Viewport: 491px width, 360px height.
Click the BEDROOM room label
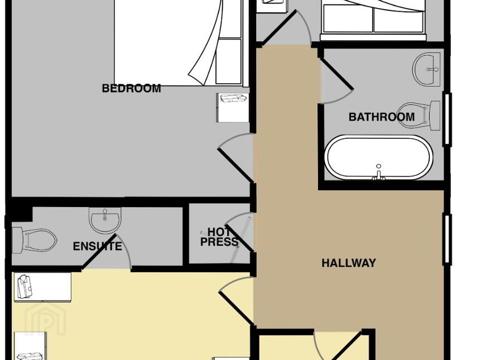click(132, 88)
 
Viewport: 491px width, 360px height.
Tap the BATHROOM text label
click(382, 117)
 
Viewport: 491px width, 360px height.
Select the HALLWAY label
click(349, 263)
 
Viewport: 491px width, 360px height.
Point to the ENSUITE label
click(98, 246)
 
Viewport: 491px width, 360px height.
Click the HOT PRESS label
click(219, 237)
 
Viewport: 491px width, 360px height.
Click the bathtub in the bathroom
click(379, 157)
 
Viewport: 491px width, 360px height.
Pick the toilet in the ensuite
click(34, 241)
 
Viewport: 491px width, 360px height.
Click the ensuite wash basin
click(105, 220)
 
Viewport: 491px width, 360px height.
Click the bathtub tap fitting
click(379, 173)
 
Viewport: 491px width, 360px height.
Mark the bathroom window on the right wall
click(447, 119)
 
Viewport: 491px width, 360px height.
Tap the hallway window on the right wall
click(447, 239)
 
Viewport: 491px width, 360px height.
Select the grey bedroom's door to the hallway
click(235, 165)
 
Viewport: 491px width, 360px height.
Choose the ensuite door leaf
click(99, 252)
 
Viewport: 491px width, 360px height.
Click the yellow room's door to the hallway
click(237, 308)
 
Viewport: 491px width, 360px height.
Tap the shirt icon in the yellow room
click(25, 287)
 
